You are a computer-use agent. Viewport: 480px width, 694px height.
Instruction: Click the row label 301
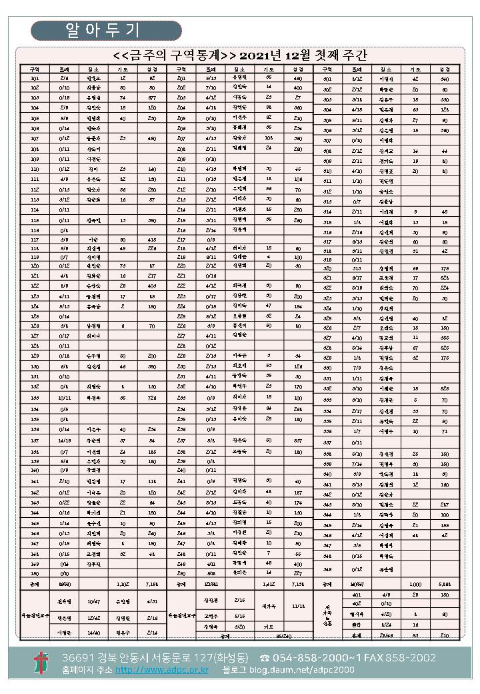[327, 79]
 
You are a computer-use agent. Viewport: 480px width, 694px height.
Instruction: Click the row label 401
[356, 594]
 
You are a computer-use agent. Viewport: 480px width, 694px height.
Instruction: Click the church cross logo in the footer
[42, 662]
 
